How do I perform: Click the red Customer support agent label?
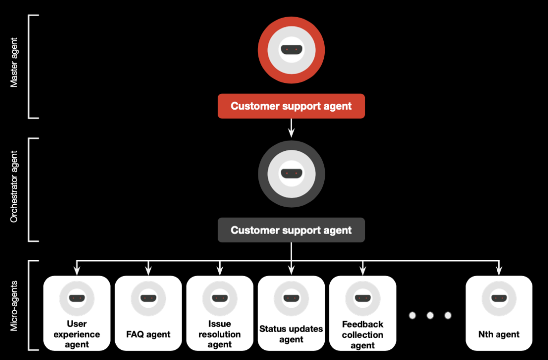[x=291, y=106]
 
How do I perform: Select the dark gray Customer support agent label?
[x=291, y=230]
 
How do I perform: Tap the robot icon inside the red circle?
[x=291, y=50]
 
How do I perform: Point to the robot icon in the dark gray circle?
[x=291, y=174]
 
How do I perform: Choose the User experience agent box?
[x=77, y=313]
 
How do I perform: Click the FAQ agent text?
[x=148, y=335]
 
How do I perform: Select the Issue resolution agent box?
[x=220, y=313]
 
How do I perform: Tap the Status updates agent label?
[x=291, y=334]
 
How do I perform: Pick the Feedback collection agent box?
[x=362, y=313]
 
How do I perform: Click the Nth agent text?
[x=499, y=335]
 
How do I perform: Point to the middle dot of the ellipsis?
[x=430, y=315]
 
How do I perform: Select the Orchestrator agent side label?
[x=14, y=186]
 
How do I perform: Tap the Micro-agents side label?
[x=14, y=305]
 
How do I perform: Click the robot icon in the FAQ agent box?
[x=148, y=298]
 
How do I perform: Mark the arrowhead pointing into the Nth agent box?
[x=499, y=271]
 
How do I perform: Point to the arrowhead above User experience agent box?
[x=77, y=271]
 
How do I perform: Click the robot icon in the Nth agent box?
[x=499, y=298]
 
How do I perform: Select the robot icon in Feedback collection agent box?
[x=362, y=298]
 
